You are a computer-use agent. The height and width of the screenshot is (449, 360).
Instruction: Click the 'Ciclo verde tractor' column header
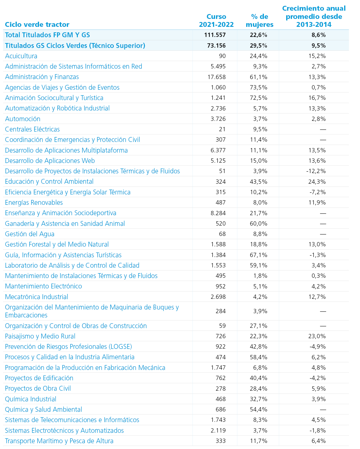[37, 24]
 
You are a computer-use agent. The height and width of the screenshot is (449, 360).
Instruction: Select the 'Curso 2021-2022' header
[216, 20]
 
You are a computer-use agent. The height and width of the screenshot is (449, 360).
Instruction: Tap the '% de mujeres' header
[259, 20]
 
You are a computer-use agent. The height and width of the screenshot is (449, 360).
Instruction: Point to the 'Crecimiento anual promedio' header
[314, 16]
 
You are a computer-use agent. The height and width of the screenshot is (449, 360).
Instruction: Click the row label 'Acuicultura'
[21, 56]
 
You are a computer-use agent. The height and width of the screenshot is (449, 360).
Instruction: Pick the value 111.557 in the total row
[215, 35]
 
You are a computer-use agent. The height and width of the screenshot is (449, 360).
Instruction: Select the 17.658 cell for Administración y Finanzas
[217, 77]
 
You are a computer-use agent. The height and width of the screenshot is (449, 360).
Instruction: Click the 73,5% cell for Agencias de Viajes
[258, 87]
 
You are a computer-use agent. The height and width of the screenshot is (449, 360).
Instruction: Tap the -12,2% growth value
[316, 171]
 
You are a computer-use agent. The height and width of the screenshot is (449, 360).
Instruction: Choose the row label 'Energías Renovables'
[34, 202]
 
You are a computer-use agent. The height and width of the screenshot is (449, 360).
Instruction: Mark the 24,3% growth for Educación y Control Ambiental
[317, 182]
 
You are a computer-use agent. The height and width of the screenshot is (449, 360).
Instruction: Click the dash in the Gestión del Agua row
[323, 234]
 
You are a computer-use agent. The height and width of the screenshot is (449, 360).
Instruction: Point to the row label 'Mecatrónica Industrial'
[37, 297]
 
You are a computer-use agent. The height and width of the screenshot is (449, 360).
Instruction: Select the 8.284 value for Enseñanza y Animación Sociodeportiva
[218, 213]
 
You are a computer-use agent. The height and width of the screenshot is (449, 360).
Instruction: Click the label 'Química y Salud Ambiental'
[43, 409]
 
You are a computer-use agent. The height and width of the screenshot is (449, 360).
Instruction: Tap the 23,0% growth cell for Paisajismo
[317, 336]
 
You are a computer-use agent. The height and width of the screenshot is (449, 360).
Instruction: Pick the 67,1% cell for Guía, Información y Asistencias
[258, 255]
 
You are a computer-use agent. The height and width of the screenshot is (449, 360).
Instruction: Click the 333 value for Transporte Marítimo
[221, 441]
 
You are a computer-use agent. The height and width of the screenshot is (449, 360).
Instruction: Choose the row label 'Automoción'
[23, 119]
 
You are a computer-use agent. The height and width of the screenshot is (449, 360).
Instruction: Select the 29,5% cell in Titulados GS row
[258, 45]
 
